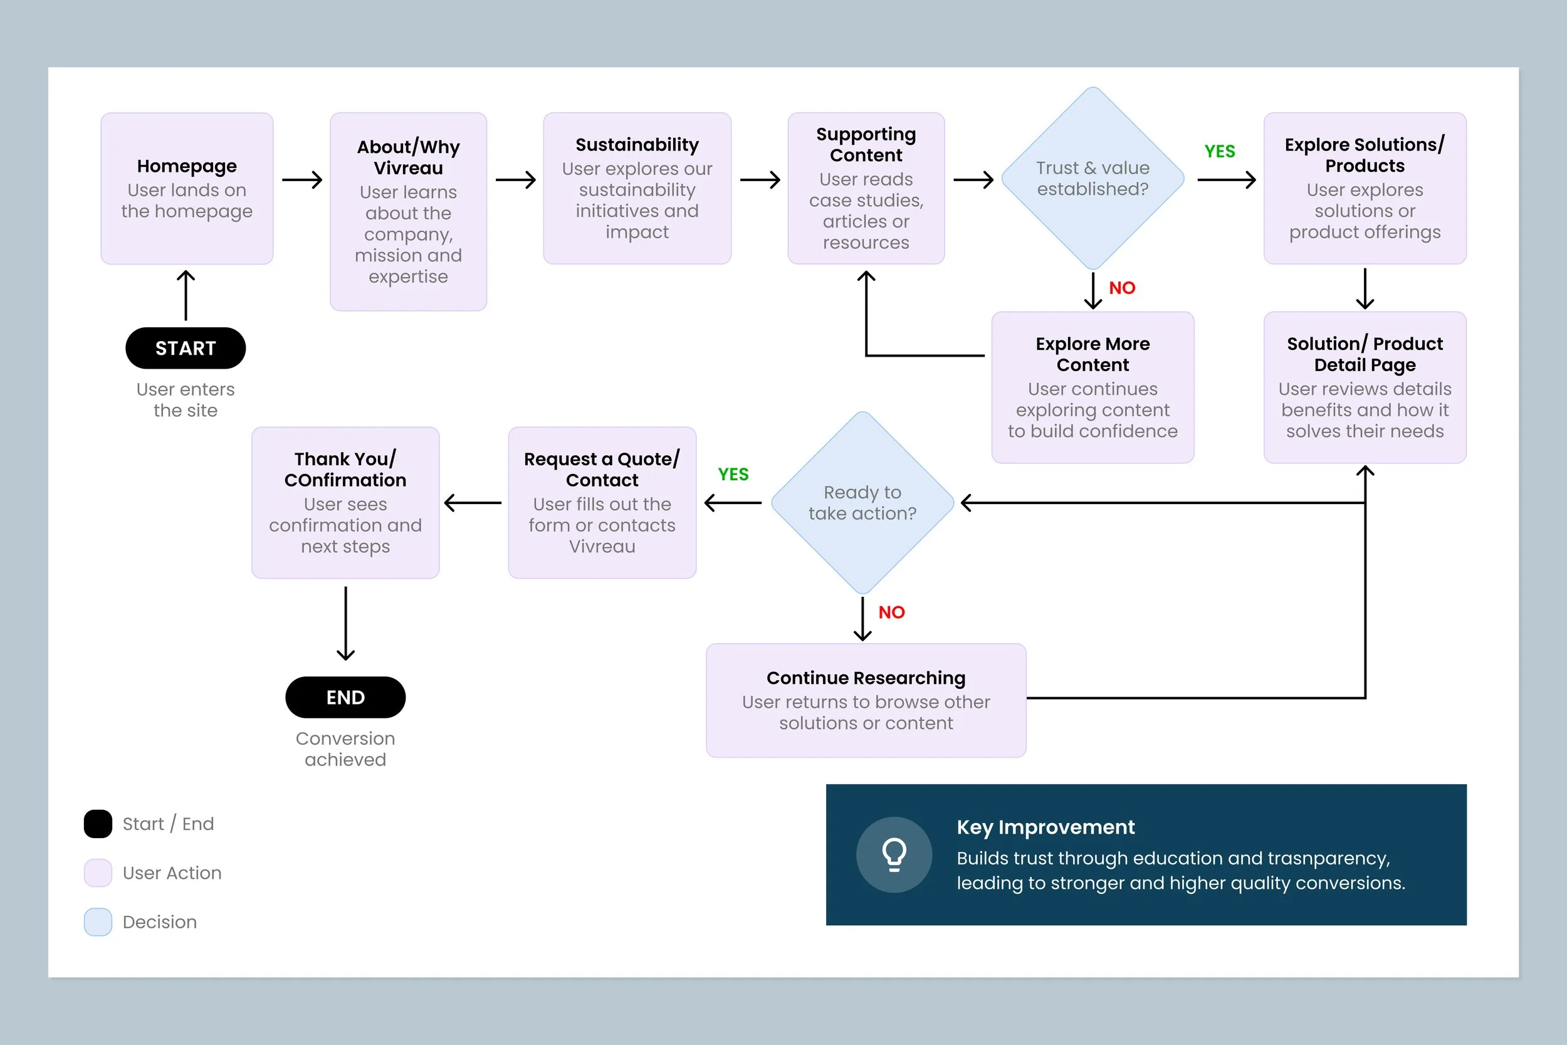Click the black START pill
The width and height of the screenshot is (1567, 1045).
(x=185, y=348)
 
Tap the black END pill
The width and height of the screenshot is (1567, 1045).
(x=345, y=697)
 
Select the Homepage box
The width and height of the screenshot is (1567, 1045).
(x=187, y=188)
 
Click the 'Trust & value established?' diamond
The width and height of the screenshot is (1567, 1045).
(x=1093, y=179)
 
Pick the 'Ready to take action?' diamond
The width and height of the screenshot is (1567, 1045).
(x=862, y=503)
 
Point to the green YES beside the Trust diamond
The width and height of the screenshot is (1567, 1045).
(x=1219, y=152)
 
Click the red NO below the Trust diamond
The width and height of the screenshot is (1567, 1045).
(x=1122, y=288)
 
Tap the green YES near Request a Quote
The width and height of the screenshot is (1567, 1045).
(x=733, y=475)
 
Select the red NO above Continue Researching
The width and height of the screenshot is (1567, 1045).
(x=891, y=612)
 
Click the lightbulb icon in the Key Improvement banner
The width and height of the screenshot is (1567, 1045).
(x=894, y=855)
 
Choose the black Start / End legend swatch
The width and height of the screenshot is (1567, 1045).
(x=98, y=824)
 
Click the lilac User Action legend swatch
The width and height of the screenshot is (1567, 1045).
(x=98, y=873)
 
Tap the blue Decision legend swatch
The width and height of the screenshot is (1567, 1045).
(x=98, y=922)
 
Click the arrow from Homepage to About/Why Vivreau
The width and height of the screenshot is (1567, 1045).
(x=302, y=180)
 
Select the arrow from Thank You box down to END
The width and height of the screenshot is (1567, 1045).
(x=345, y=624)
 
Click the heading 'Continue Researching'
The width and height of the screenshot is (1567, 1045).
(x=866, y=678)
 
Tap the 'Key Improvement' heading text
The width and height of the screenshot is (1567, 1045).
(x=1046, y=827)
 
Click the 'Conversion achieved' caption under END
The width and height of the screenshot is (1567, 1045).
(x=345, y=749)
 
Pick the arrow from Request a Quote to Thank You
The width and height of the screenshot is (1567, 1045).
(x=473, y=503)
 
